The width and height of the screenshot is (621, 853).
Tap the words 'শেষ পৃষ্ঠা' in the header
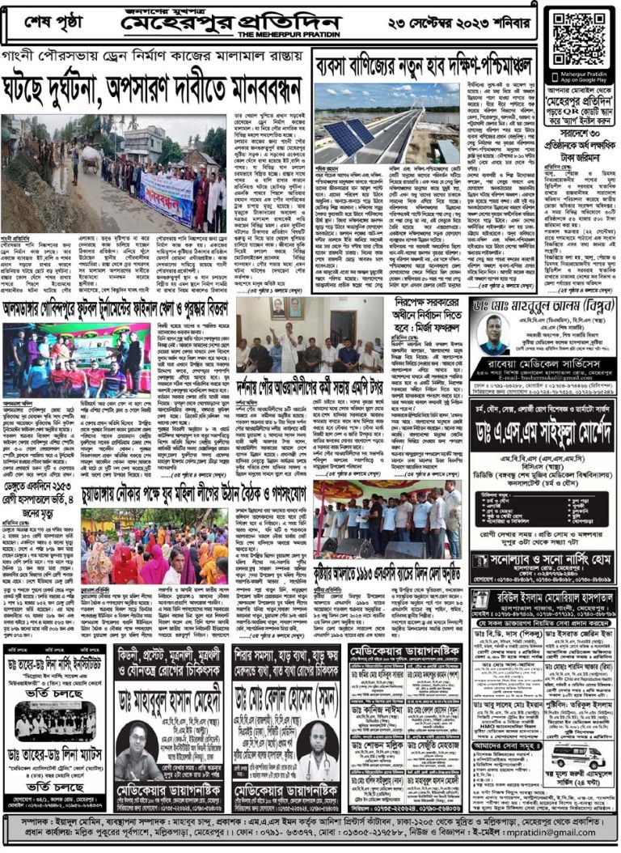click(54, 22)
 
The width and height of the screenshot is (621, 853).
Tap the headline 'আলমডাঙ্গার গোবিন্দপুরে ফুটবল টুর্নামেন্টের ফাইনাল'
click(117, 308)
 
